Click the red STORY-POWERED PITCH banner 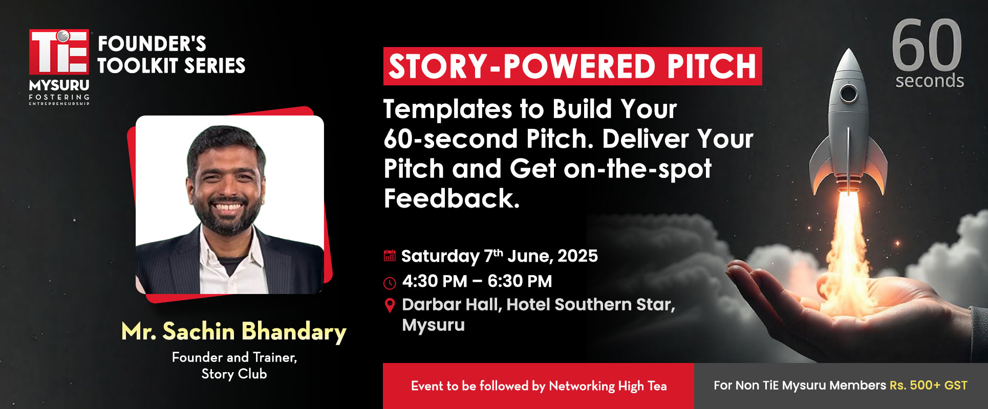(x=572, y=66)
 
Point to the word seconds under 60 (x=930, y=81)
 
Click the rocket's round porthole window (x=848, y=94)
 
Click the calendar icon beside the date (x=390, y=256)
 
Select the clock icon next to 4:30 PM (x=390, y=283)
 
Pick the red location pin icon (x=390, y=305)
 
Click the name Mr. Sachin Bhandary (x=234, y=331)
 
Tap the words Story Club (x=234, y=374)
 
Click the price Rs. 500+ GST (x=929, y=385)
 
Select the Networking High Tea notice (x=539, y=386)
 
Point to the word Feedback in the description (x=452, y=198)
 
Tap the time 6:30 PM (x=520, y=281)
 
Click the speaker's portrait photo (x=230, y=204)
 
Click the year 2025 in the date (x=577, y=256)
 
